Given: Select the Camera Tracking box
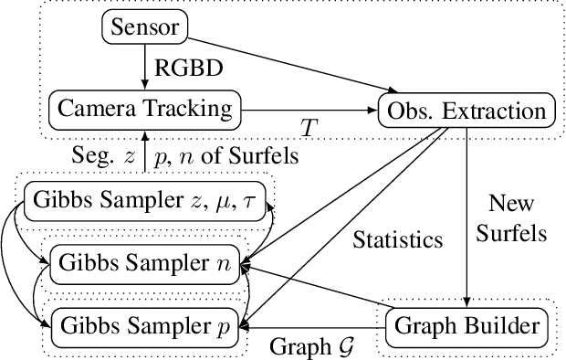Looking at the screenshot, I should point(144,109).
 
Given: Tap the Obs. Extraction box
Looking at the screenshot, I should point(465,110).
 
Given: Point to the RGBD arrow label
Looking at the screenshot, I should point(187,68).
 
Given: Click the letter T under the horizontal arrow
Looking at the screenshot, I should point(308,127).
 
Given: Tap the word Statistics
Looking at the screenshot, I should point(397,241).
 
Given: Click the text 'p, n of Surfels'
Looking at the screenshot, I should point(227,155).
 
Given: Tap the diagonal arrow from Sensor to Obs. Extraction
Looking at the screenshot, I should point(292,65).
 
